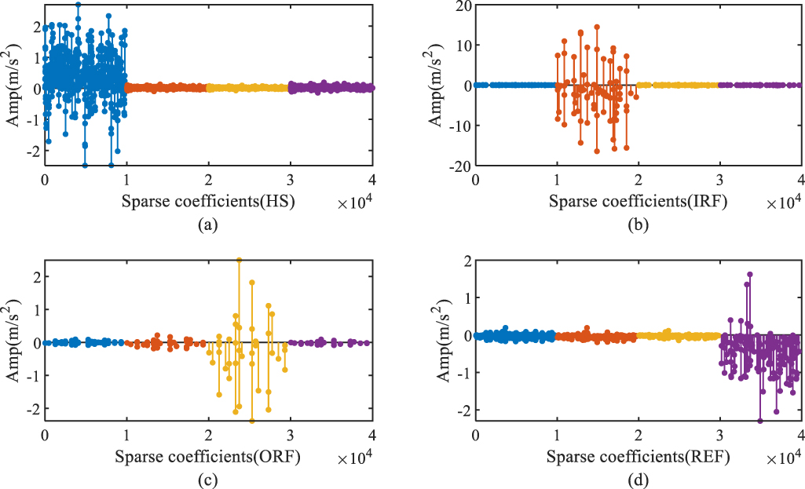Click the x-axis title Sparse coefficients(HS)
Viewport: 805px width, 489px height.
pos(207,202)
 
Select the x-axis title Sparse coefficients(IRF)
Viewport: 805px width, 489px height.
pos(638,202)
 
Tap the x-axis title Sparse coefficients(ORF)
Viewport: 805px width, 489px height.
pos(207,455)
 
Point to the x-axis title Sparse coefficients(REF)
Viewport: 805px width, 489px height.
pos(638,455)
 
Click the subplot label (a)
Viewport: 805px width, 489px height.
pos(207,226)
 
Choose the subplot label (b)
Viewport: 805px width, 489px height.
pos(638,226)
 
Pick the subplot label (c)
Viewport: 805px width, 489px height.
pos(207,480)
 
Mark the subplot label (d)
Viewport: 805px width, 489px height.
pos(638,480)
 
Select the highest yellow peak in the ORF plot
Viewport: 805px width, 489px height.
pos(239,259)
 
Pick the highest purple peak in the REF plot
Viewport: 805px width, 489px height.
pos(750,275)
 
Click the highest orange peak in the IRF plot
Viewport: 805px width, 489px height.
pos(597,27)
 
